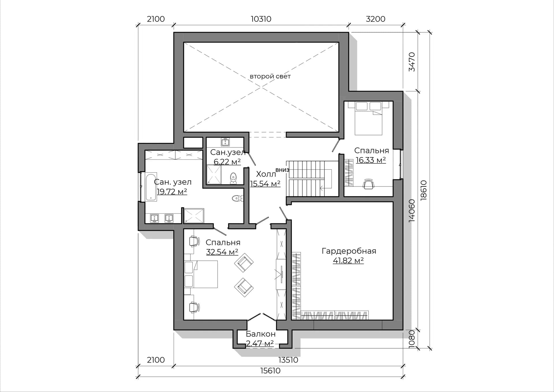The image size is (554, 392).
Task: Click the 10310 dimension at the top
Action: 261,19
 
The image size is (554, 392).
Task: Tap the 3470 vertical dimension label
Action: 412,62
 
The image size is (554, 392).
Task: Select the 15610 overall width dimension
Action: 270,371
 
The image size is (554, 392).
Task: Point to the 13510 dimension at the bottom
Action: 288,360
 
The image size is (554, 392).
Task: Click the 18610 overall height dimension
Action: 423,190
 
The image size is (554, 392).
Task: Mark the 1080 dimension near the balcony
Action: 412,339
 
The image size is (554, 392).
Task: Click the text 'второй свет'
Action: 270,76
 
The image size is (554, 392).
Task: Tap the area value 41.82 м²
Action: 348,260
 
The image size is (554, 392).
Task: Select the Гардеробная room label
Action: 349,251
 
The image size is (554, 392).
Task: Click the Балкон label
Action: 261,334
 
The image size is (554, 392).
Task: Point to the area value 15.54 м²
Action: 265,184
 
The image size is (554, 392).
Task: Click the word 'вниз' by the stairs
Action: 282,170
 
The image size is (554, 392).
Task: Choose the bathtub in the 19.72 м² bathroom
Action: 151,186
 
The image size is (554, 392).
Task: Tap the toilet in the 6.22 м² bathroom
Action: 233,178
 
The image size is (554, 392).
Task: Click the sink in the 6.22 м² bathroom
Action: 225,142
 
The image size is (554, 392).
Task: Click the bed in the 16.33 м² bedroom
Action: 368,118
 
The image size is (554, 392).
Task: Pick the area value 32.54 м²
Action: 222,252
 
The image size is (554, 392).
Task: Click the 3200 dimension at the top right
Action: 375,19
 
